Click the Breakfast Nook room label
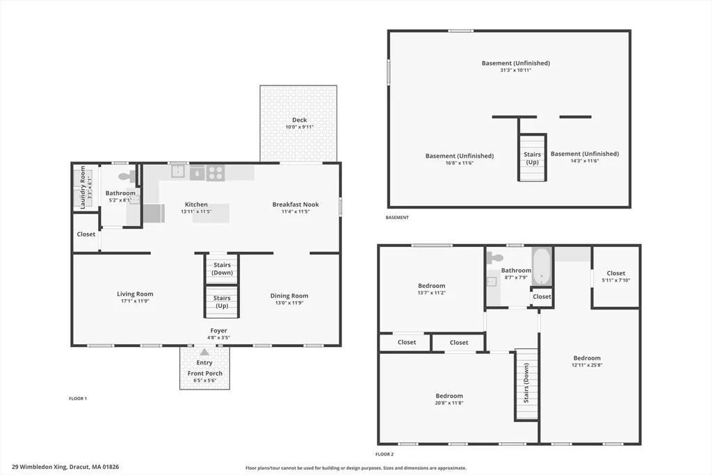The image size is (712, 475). click(296, 204)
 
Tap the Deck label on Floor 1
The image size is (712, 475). click(299, 120)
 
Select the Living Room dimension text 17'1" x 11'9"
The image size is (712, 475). click(135, 301)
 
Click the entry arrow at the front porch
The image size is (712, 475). click(205, 352)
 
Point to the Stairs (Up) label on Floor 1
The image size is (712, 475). click(222, 302)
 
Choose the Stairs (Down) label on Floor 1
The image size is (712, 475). click(222, 269)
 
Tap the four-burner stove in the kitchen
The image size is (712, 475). click(216, 172)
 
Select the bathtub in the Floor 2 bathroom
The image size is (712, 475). click(542, 266)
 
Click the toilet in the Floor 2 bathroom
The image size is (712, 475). click(494, 257)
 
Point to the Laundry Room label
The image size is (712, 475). click(83, 187)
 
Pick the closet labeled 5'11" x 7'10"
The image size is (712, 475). click(616, 277)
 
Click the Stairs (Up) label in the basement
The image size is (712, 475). click(532, 158)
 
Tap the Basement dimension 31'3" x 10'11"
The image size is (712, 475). click(516, 70)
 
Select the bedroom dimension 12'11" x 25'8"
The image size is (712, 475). click(587, 364)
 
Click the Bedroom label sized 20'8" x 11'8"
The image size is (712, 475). click(449, 396)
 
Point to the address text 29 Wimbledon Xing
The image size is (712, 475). click(40, 467)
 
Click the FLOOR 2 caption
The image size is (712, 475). click(385, 454)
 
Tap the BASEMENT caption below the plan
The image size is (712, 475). click(397, 218)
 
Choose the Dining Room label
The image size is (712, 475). click(289, 296)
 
